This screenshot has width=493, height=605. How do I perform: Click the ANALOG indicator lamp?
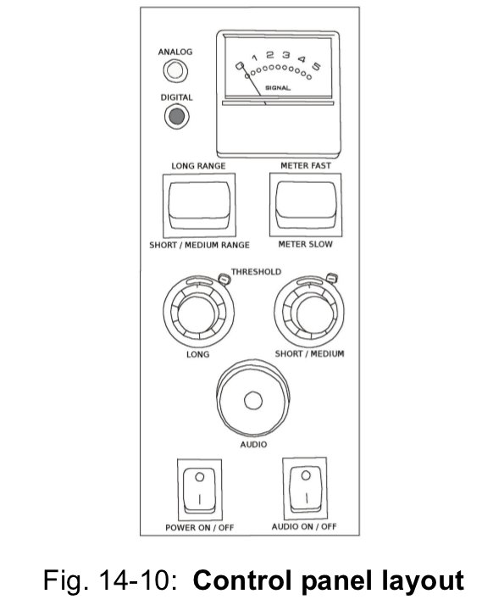point(175,70)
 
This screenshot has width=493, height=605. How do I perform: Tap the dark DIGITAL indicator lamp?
point(177,116)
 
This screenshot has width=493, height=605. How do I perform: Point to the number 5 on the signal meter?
point(317,66)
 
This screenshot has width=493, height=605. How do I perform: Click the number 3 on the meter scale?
point(285,55)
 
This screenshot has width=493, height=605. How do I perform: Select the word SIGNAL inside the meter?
point(278,88)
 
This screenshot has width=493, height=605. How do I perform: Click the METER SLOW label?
point(305,244)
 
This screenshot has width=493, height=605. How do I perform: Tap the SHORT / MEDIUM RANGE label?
point(199,245)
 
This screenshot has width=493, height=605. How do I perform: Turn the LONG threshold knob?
point(198,312)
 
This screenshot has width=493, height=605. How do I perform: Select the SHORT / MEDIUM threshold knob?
point(309,311)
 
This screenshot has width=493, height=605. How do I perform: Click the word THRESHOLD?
point(256,272)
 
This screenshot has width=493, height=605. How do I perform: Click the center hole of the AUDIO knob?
point(253,401)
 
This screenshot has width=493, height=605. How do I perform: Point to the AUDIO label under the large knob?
point(253,445)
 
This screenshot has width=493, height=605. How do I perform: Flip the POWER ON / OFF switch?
point(199,490)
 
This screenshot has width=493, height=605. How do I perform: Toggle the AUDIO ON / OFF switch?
point(305,488)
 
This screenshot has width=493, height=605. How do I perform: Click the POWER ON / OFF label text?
point(199,527)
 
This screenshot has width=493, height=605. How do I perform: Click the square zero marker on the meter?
point(240,66)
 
